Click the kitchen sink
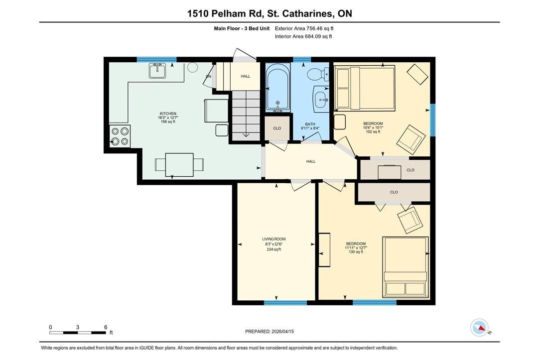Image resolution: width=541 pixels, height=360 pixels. click(157, 70)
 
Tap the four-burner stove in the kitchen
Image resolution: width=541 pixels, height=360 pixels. click(120, 136)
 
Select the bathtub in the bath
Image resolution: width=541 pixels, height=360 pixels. click(277, 88)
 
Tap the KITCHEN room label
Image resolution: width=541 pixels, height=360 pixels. click(168, 114)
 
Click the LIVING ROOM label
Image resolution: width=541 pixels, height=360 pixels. click(274, 239)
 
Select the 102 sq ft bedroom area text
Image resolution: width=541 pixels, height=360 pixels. click(373, 132)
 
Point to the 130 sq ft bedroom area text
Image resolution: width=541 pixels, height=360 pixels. click(356, 252)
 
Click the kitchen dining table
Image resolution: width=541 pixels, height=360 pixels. click(179, 164)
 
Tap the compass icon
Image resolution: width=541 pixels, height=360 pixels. click(480, 328)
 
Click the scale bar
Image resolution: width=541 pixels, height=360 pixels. click(78, 333)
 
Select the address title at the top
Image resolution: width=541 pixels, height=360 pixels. click(270, 13)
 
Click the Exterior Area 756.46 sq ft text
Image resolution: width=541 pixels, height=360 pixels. click(304, 28)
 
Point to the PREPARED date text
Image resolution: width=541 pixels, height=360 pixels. click(270, 332)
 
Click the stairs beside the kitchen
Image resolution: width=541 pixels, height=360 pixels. click(246, 116)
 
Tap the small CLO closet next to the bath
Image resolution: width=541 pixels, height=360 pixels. click(277, 128)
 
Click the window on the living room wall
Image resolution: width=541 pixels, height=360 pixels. click(285, 303)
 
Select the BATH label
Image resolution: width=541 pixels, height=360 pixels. click(310, 124)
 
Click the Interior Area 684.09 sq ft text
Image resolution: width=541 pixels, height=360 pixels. click(303, 36)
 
